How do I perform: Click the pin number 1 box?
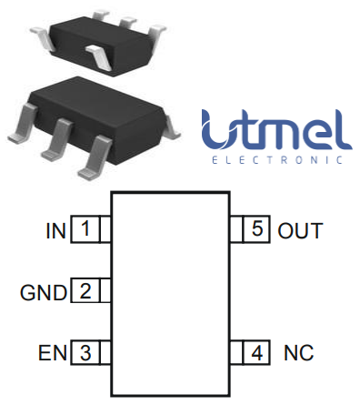85,229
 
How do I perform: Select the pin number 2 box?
85,291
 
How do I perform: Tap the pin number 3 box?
85,351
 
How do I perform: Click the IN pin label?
55,230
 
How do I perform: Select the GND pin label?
44,292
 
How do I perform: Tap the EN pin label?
51,352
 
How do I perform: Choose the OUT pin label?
300,230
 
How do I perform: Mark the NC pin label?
298,352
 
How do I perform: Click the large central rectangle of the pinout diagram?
170,291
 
